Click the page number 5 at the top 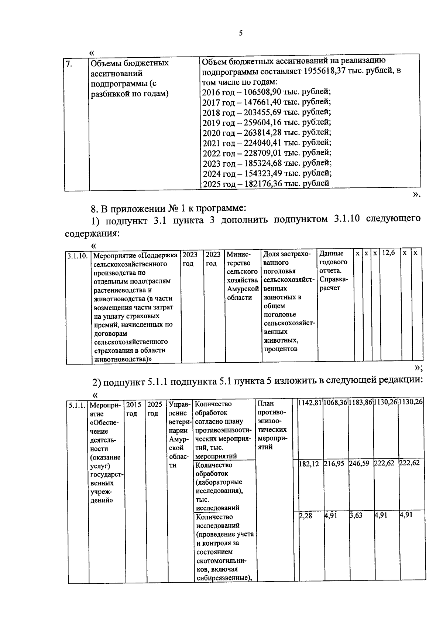pyautogui.click(x=241, y=33)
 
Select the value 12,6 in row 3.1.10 pyautogui.click(x=388, y=253)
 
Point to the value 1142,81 pyautogui.click(x=310, y=402)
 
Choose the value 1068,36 pyautogui.click(x=335, y=402)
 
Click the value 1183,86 pyautogui.click(x=361, y=402)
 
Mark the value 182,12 pyautogui.click(x=309, y=463)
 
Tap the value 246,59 pyautogui.click(x=359, y=463)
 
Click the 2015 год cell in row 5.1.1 pyautogui.click(x=134, y=409)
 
